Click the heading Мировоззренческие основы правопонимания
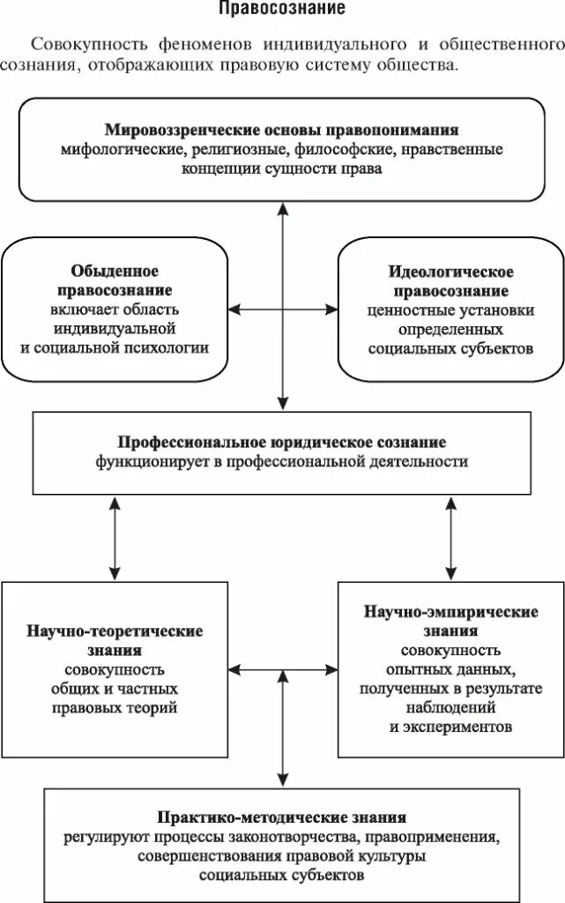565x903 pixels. (282, 131)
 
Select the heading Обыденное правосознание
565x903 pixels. (115, 280)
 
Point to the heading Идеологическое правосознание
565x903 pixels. (450, 280)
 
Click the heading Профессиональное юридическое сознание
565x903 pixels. (282, 441)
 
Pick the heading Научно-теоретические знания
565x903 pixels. (115, 641)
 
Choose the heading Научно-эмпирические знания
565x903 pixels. (450, 621)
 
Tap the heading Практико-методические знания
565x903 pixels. (282, 817)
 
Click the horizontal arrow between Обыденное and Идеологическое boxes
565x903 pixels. (282, 309)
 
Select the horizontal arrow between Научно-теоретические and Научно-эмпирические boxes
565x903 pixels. (282, 672)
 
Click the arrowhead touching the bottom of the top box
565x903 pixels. (282, 208)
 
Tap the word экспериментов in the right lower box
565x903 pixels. (450, 728)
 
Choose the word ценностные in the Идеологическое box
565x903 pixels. (402, 310)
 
